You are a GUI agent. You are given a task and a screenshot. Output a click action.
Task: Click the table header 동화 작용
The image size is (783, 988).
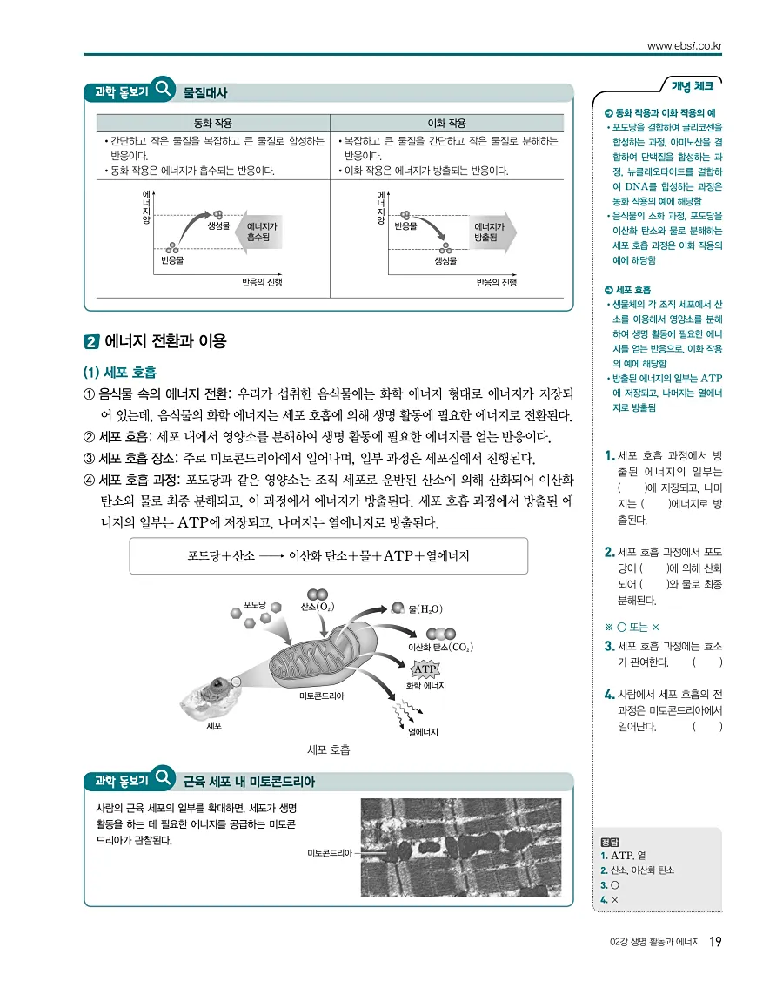[x=212, y=124]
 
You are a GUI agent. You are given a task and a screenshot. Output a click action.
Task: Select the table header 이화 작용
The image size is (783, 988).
[x=447, y=124]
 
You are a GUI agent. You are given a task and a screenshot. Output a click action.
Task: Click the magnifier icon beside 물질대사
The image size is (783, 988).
[x=163, y=91]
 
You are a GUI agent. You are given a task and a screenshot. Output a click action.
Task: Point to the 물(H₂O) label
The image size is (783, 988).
[x=425, y=608]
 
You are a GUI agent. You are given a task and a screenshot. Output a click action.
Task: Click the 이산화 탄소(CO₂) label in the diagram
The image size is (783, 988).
[x=440, y=648]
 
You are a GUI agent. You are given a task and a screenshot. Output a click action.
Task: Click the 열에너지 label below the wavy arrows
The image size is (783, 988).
[x=423, y=732]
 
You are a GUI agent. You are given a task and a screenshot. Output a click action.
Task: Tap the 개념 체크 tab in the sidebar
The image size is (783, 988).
[x=692, y=85]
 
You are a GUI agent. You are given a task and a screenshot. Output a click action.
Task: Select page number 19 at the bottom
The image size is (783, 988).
[x=715, y=941]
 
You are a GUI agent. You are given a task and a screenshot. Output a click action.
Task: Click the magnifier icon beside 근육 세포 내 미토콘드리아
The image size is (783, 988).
[x=163, y=780]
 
